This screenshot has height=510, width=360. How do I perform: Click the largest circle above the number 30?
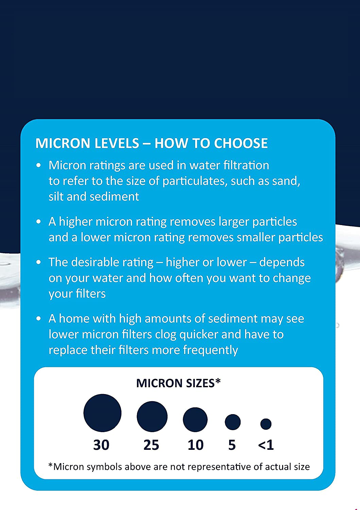click(102, 413)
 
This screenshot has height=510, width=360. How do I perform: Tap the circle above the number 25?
click(152, 417)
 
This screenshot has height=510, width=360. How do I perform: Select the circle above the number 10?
click(195, 420)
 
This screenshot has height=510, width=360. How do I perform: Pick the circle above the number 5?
click(233, 422)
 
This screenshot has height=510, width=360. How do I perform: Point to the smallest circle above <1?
click(266, 424)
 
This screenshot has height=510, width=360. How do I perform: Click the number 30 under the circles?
click(101, 445)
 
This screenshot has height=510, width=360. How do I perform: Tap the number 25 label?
click(151, 445)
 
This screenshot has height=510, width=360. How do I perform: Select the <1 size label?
click(266, 445)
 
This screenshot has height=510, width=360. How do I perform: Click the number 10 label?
click(195, 445)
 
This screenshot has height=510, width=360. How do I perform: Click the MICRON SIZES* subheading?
click(178, 383)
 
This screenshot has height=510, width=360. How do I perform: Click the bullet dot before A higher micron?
click(39, 222)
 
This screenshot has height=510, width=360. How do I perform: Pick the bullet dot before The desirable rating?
click(39, 262)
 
